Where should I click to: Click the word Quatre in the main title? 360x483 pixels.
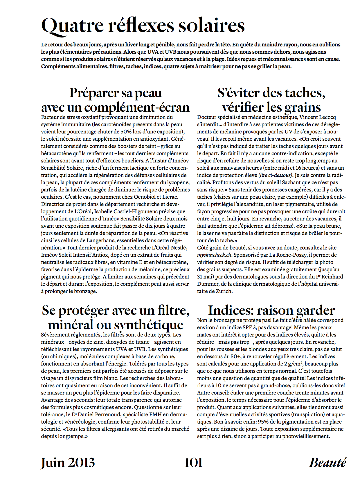tap(72, 26)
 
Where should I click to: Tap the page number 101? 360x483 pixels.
tap(193, 462)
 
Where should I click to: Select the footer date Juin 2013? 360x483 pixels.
tap(68, 462)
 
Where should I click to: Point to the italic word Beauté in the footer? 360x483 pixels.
tap(327, 462)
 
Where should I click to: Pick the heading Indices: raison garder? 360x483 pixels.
tap(271, 310)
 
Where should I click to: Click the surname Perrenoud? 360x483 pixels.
tap(105, 415)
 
